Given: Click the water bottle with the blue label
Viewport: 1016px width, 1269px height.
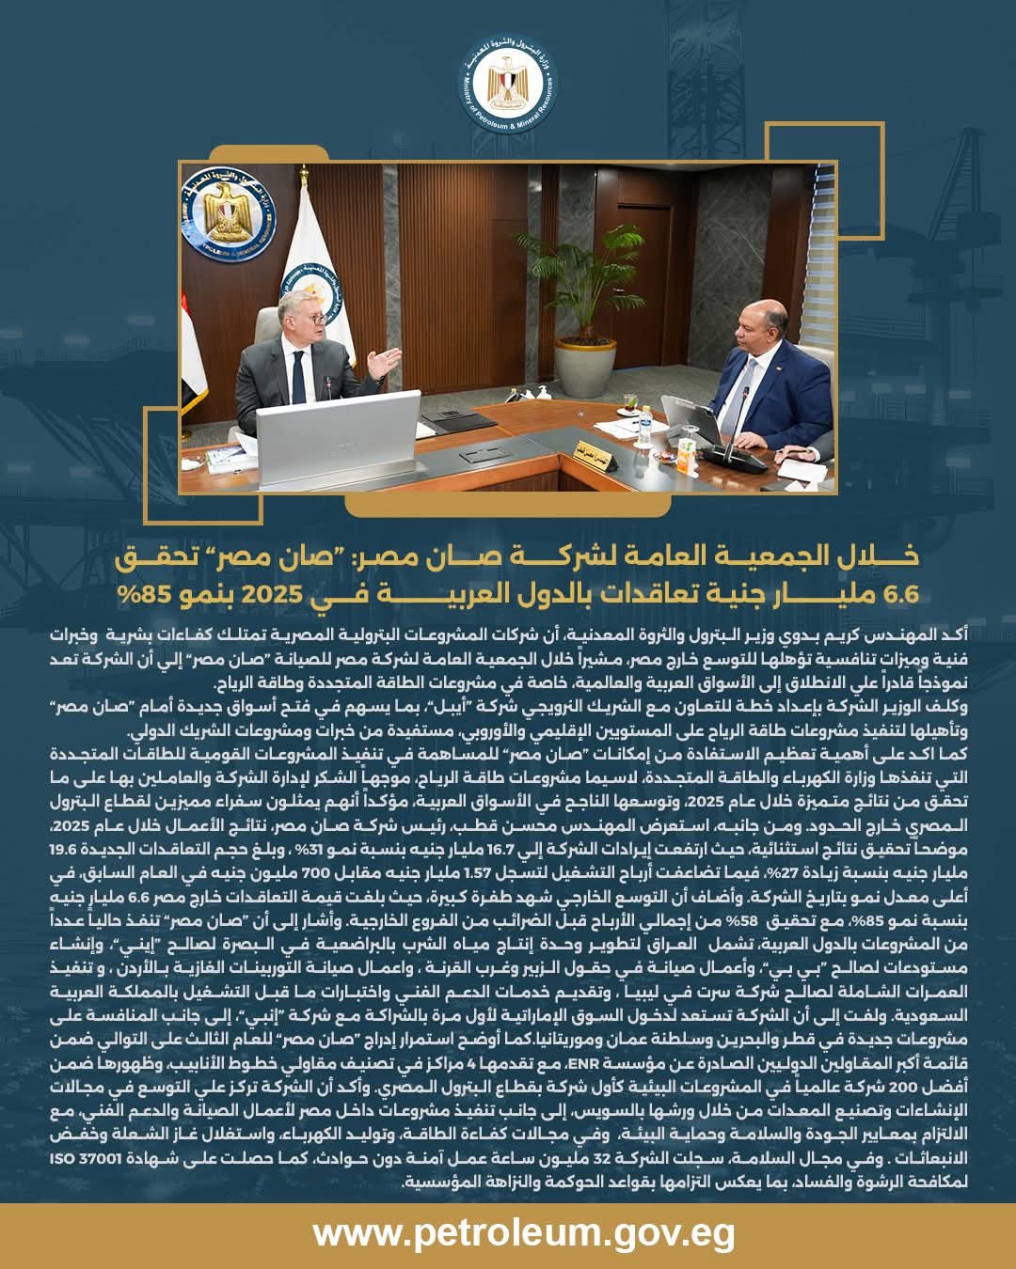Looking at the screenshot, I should coord(643,428).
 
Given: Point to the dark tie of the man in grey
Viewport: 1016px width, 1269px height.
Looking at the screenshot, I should coord(298,376).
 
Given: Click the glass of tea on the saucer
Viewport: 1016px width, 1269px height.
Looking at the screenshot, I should coord(674,460).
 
